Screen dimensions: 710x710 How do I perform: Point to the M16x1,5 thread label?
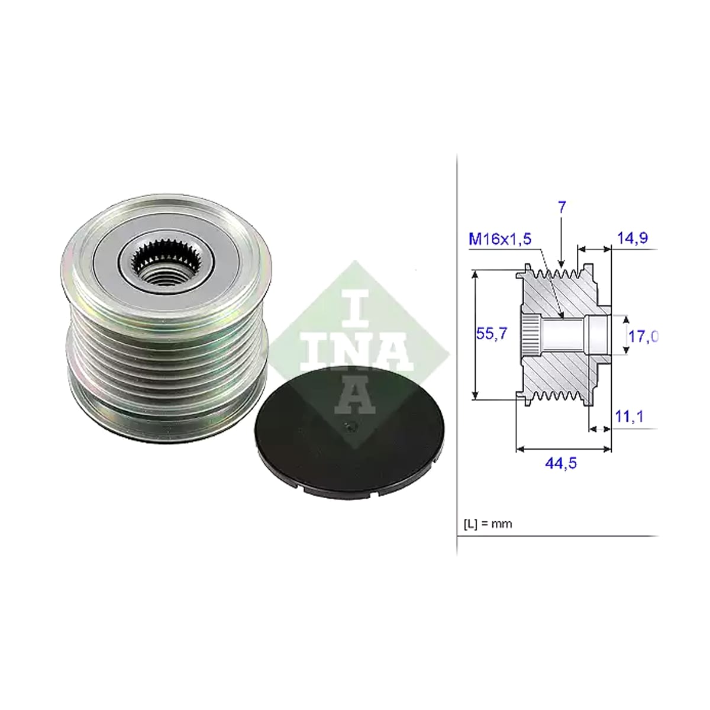point(499,239)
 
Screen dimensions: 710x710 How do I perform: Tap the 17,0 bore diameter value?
point(643,336)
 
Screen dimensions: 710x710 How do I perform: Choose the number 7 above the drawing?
point(561,208)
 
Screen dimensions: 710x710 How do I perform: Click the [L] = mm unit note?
point(488,524)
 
